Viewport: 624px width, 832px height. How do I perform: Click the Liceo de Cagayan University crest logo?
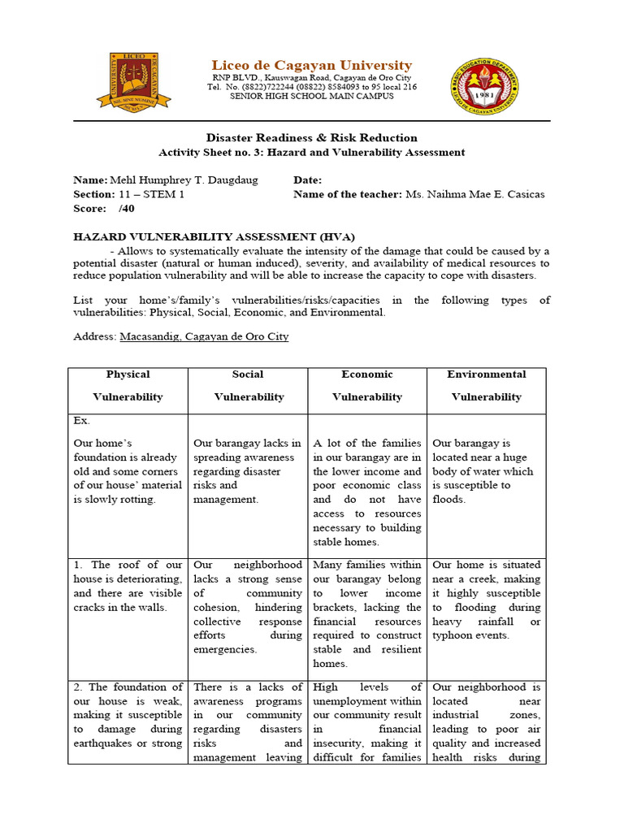pyautogui.click(x=134, y=80)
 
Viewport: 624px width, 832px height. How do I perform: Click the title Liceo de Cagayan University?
pyautogui.click(x=312, y=65)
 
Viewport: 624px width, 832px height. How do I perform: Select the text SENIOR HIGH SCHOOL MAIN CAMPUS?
pyautogui.click(x=312, y=97)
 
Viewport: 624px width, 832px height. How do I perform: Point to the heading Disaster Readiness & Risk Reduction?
pyautogui.click(x=312, y=137)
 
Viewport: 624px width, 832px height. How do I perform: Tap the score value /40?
pyautogui.click(x=126, y=209)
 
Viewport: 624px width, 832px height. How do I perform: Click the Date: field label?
pyautogui.click(x=307, y=180)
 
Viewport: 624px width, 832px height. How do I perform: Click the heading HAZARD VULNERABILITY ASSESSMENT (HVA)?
pyautogui.click(x=214, y=236)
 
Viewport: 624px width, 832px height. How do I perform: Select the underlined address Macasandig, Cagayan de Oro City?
pyautogui.click(x=204, y=336)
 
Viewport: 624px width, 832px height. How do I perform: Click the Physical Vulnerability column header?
pyautogui.click(x=128, y=386)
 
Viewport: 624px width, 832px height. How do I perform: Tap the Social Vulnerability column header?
pyautogui.click(x=248, y=386)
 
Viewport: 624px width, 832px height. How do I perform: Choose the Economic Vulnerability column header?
pyautogui.click(x=367, y=386)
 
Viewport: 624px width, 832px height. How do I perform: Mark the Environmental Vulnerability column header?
pyautogui.click(x=487, y=386)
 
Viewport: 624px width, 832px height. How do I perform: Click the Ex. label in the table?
pyautogui.click(x=82, y=421)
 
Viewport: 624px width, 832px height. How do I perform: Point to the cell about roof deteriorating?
pyautogui.click(x=128, y=586)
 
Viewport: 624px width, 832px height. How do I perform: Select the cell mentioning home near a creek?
pyautogui.click(x=486, y=600)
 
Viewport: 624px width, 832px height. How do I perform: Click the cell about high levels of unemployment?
pyautogui.click(x=367, y=722)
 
